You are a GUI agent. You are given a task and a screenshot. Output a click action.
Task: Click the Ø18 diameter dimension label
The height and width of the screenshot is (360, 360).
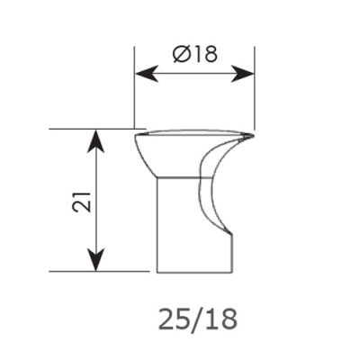(195, 54)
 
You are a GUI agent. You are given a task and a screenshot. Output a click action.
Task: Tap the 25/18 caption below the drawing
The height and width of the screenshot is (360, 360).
(198, 319)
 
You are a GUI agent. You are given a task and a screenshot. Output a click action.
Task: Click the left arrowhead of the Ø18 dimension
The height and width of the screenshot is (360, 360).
(147, 74)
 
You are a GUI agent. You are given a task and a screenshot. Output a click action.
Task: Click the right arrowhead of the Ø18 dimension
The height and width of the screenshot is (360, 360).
(243, 74)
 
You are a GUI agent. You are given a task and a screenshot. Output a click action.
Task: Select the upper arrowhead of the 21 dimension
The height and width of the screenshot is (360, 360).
(95, 141)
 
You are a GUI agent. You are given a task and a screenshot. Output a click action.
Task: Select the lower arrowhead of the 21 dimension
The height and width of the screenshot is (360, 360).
(95, 260)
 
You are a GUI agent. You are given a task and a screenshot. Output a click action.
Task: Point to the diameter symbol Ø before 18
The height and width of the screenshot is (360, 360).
(181, 54)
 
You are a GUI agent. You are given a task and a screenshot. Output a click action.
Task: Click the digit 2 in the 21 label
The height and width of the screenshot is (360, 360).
(82, 207)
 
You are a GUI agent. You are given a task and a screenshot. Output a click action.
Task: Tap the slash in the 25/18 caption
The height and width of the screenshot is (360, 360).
(197, 319)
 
